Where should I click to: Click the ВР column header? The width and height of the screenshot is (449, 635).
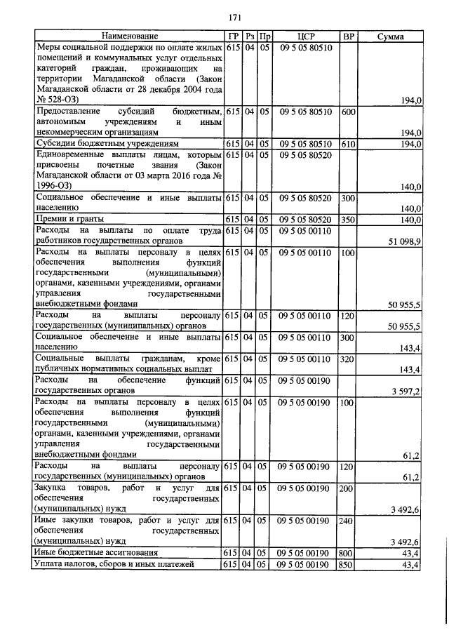point(347,36)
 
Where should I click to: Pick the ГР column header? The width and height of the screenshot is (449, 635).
point(233,36)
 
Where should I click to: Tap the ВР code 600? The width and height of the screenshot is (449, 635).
point(347,112)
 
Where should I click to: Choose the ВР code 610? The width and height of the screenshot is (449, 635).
point(347,144)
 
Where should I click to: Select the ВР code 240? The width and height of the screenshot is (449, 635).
point(347,521)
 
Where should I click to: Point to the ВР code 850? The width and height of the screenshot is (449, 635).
point(347,564)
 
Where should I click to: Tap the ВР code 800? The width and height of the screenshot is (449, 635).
point(347,553)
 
